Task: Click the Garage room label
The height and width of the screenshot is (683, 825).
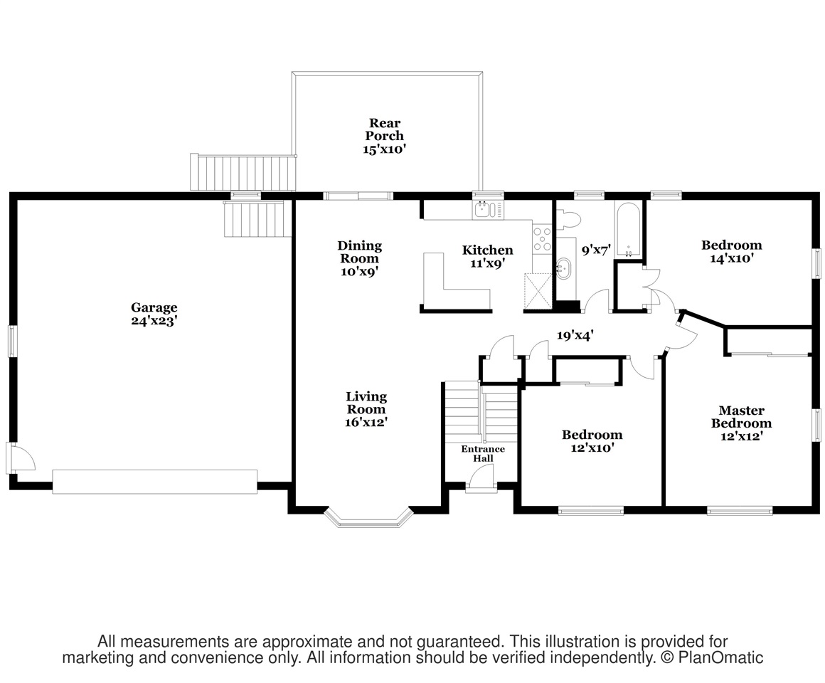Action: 154,314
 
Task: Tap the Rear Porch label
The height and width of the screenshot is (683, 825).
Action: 385,136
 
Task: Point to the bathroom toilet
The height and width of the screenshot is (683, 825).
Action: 568,218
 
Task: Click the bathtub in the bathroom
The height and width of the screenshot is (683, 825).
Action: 628,231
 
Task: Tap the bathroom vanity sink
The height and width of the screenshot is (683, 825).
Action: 563,268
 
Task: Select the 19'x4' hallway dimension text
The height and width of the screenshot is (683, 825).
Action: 575,335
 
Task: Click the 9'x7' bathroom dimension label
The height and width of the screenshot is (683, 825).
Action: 595,250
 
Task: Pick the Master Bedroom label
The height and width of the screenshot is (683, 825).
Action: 741,423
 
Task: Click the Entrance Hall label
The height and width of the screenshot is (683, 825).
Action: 483,454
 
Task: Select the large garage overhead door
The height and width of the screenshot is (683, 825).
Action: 155,482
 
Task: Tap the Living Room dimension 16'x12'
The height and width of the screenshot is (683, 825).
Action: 366,422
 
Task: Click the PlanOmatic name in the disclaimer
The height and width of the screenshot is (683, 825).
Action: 720,657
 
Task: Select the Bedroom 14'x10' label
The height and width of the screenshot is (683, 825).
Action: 731,252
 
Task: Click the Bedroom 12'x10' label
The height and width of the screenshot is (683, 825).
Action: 592,442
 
